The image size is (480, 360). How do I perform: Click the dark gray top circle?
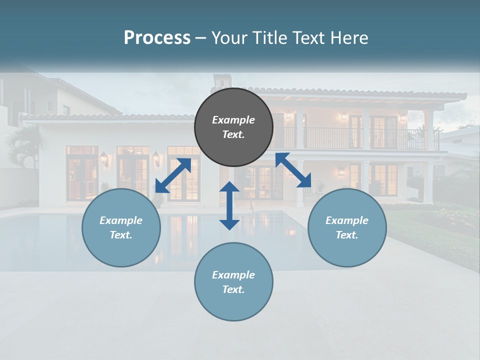[x=233, y=127]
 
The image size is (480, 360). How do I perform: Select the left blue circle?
[x=121, y=227]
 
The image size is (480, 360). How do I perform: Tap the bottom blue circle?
[x=233, y=282]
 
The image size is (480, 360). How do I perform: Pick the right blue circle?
[x=347, y=227]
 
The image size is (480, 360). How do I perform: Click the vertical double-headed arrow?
[x=229, y=205]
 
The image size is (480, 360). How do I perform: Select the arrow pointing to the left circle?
[x=173, y=175]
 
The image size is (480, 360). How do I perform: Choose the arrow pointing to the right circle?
[x=293, y=170]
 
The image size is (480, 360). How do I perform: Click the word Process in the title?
[x=157, y=38]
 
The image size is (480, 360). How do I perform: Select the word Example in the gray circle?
[x=233, y=120]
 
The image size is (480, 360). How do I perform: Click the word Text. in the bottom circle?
[x=233, y=289]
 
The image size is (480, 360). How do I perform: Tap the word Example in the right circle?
[x=347, y=220]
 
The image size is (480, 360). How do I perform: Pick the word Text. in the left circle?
[x=121, y=235]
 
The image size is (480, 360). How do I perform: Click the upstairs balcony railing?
[x=350, y=137]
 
